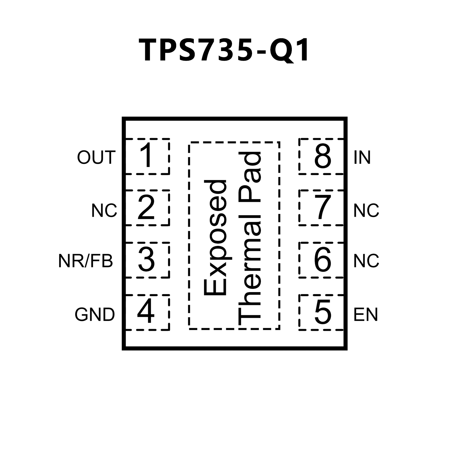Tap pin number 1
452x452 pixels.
pyautogui.click(x=146, y=156)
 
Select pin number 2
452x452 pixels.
pyautogui.click(x=146, y=208)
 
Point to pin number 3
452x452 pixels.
pyautogui.click(x=146, y=259)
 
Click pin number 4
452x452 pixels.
pyautogui.click(x=146, y=312)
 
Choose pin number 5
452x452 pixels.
pyautogui.click(x=323, y=312)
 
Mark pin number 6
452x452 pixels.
pyautogui.click(x=323, y=259)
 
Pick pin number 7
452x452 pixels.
pyautogui.click(x=323, y=208)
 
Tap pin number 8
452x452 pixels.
pyautogui.click(x=323, y=156)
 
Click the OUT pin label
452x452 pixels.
pyautogui.click(x=96, y=157)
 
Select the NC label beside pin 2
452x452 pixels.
pyautogui.click(x=104, y=211)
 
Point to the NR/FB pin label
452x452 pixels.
pyautogui.click(x=86, y=261)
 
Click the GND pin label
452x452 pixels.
pyautogui.click(x=95, y=314)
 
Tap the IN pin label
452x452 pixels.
pyautogui.click(x=362, y=157)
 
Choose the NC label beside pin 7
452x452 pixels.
pyautogui.click(x=366, y=211)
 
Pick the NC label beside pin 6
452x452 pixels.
pyautogui.click(x=366, y=261)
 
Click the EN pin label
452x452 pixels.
pyautogui.click(x=365, y=314)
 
